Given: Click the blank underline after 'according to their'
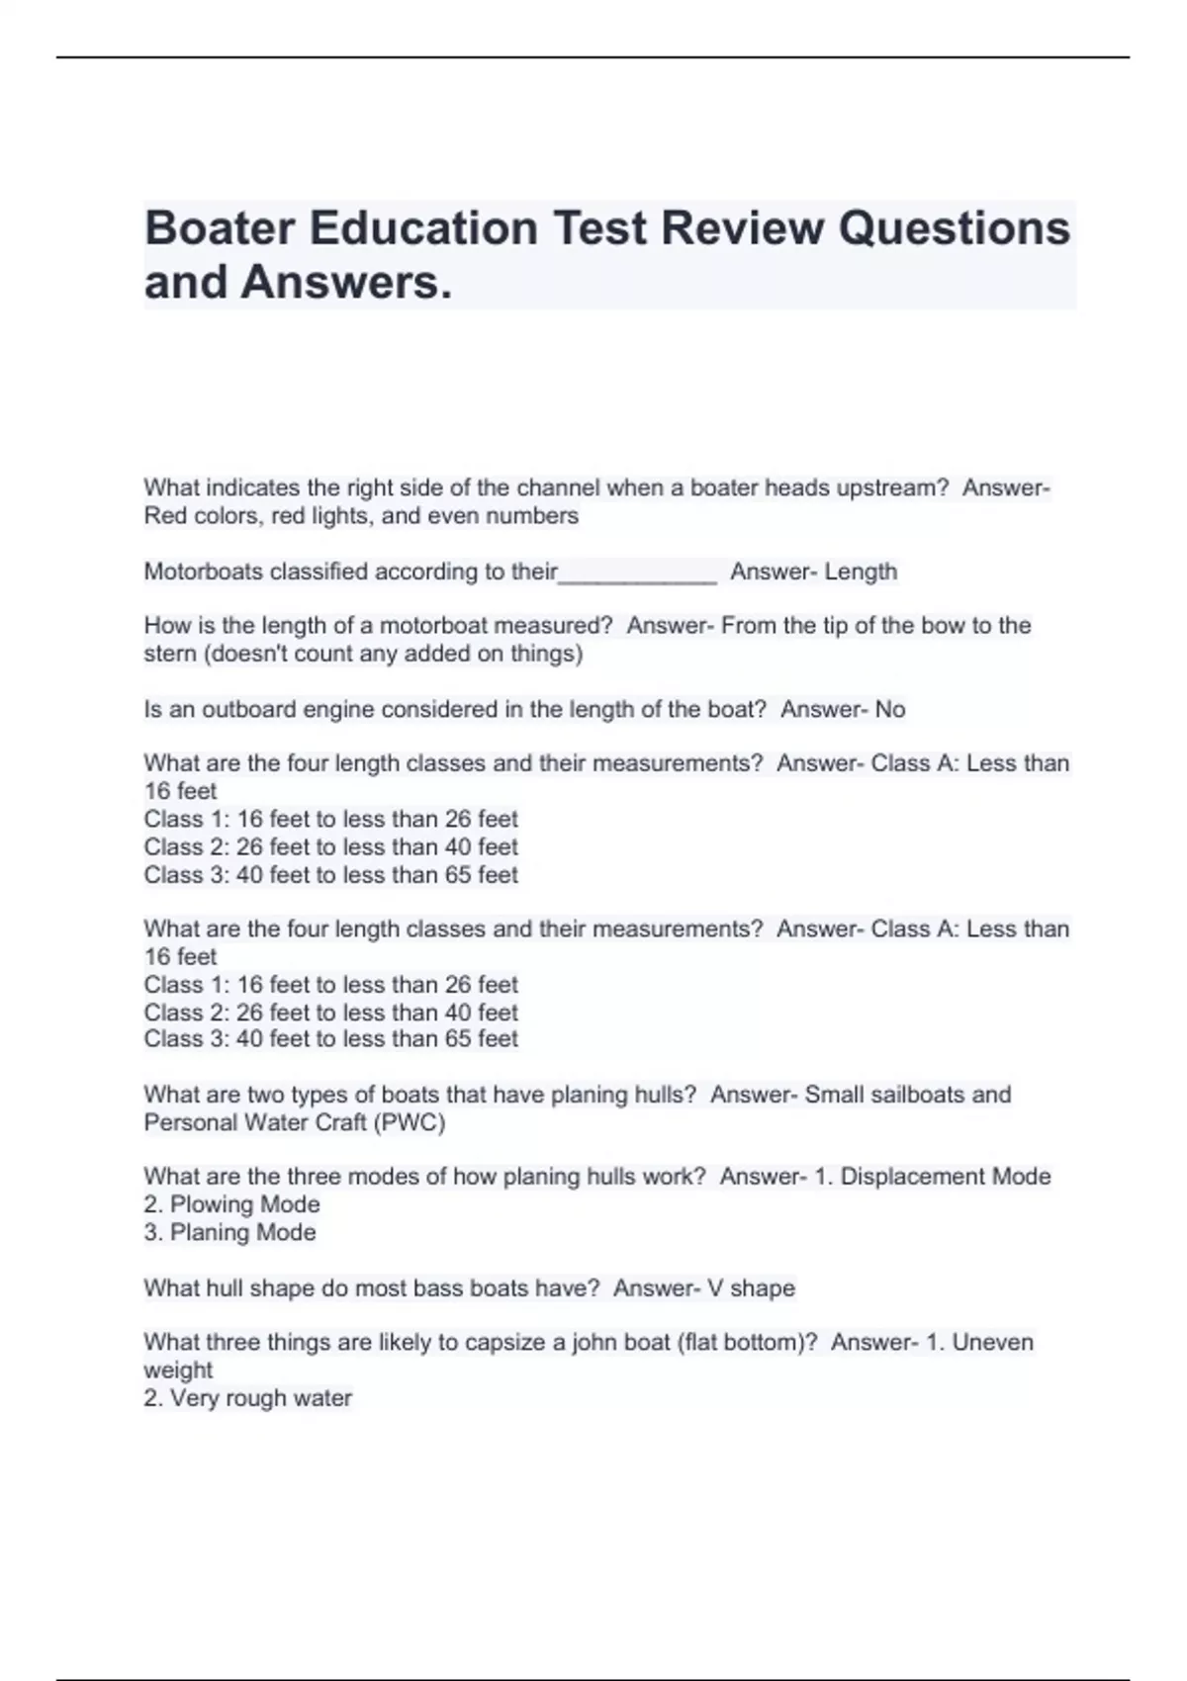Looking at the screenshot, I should [638, 574].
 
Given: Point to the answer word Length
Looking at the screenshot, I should [861, 572].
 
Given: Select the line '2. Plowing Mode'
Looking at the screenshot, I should [231, 1204].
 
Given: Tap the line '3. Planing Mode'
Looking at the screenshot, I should [229, 1232].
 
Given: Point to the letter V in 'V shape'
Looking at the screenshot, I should [715, 1288].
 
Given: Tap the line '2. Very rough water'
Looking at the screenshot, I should [247, 1398].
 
